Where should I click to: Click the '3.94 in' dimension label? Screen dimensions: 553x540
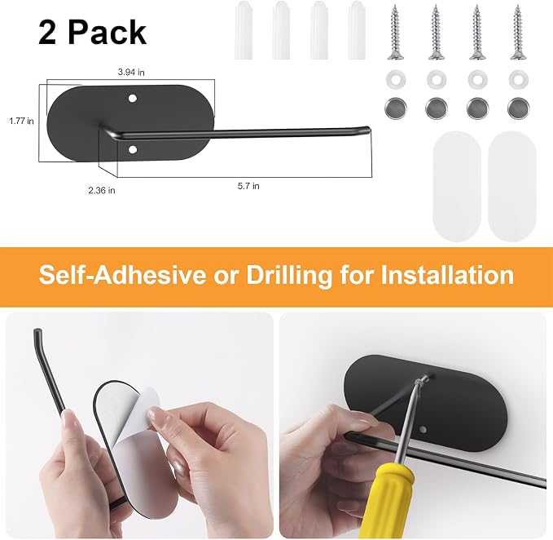(131, 73)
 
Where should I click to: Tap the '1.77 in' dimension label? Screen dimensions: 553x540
(21, 122)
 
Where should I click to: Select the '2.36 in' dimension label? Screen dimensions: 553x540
(102, 190)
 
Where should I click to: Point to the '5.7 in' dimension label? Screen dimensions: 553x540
(248, 186)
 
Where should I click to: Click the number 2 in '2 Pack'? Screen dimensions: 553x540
(48, 33)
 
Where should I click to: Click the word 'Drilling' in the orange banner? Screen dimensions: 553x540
(289, 276)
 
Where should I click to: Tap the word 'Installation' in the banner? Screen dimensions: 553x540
(447, 274)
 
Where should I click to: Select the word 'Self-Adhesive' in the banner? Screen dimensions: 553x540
(122, 274)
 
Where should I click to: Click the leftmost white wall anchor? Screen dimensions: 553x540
(244, 30)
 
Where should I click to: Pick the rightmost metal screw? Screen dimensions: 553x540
(518, 32)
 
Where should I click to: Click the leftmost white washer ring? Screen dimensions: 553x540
(396, 79)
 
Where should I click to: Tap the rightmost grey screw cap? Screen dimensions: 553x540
(519, 108)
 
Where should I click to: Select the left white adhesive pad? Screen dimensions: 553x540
(457, 186)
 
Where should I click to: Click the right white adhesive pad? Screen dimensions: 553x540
(512, 186)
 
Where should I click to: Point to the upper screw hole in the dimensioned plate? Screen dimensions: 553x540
(132, 98)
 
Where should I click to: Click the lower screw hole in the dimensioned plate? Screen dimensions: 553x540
(133, 150)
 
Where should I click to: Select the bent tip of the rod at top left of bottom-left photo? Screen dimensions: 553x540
(37, 334)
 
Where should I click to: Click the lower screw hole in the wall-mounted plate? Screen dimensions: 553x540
(424, 430)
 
